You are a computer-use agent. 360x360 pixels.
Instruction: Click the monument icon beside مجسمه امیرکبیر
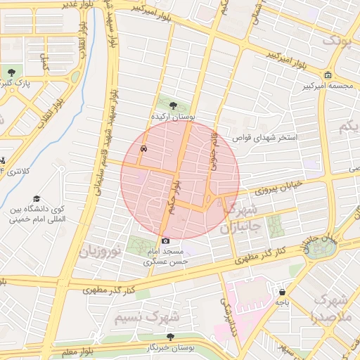click(x=328, y=75)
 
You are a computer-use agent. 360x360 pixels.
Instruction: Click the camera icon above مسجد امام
click(x=166, y=241)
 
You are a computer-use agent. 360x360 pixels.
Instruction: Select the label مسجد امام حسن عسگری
click(x=166, y=256)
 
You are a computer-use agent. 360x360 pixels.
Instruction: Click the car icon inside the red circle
click(x=143, y=149)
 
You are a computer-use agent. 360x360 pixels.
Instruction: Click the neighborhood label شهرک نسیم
click(x=148, y=318)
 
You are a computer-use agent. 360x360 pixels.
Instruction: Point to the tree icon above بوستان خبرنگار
click(x=170, y=337)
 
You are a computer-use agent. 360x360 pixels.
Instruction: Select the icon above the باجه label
click(x=282, y=292)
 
